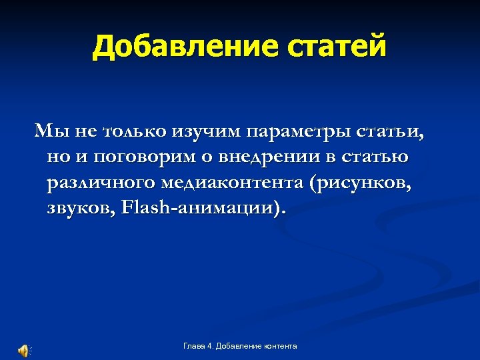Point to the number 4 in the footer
pyautogui.click(x=210, y=346)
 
